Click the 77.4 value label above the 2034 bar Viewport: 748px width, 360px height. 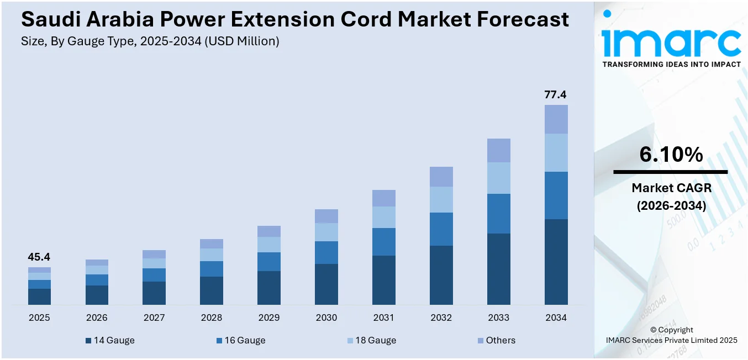(x=555, y=94)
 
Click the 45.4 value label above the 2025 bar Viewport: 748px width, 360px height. (x=39, y=257)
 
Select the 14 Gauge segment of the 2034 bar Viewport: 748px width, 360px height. (x=556, y=262)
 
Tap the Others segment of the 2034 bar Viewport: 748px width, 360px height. (x=556, y=119)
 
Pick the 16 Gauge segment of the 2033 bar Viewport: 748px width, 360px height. (x=498, y=214)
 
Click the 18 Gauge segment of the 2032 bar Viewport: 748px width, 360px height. (x=441, y=199)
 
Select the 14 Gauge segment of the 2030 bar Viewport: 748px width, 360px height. (x=326, y=284)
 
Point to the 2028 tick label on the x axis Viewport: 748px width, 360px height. (x=212, y=318)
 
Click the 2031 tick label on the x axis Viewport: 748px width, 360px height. (x=383, y=318)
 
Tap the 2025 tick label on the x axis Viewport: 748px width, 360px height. (x=39, y=318)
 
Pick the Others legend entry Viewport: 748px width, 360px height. (x=496, y=341)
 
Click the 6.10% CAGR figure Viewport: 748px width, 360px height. (x=671, y=155)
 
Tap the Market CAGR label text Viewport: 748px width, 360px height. (x=671, y=188)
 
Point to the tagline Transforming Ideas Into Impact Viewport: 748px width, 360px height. (x=671, y=65)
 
